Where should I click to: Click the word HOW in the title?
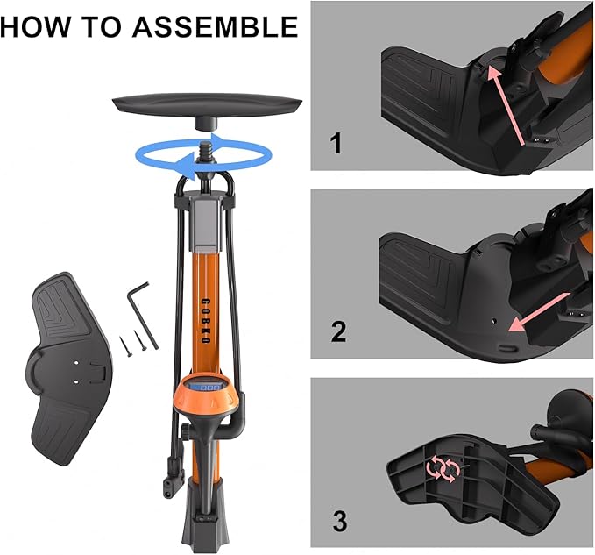pyautogui.click(x=35, y=26)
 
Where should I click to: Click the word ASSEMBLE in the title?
pyautogui.click(x=216, y=26)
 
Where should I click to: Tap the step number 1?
pyautogui.click(x=336, y=145)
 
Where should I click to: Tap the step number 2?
pyautogui.click(x=338, y=331)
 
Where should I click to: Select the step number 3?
pyautogui.click(x=340, y=521)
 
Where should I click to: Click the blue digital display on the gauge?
pyautogui.click(x=206, y=388)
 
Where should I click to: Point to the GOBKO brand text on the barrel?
pyautogui.click(x=205, y=321)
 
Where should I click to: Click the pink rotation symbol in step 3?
pyautogui.click(x=443, y=469)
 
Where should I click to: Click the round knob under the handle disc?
pyautogui.click(x=206, y=123)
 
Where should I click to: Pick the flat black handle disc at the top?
pyautogui.click(x=207, y=104)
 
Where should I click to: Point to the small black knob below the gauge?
pyautogui.click(x=186, y=432)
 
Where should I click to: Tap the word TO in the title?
pyautogui.click(x=102, y=26)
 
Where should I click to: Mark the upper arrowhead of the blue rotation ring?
pyautogui.click(x=221, y=139)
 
